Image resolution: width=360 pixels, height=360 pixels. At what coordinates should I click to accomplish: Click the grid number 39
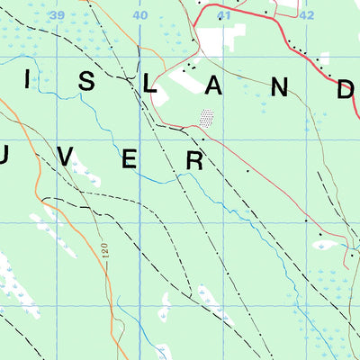pyautogui.click(x=58, y=16)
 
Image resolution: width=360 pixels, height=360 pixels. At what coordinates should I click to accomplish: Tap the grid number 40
pyautogui.click(x=140, y=16)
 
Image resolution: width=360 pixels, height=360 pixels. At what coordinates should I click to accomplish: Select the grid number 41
pyautogui.click(x=224, y=16)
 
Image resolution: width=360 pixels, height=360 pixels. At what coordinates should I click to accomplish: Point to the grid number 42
pyautogui.click(x=307, y=16)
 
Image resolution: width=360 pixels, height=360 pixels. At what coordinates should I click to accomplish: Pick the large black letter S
pyautogui.click(x=87, y=82)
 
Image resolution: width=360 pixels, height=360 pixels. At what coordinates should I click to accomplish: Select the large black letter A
pyautogui.click(x=216, y=86)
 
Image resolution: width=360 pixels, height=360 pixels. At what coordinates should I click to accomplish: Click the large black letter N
pyautogui.click(x=281, y=87)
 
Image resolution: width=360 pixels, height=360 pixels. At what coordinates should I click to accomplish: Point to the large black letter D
pyautogui.click(x=346, y=89)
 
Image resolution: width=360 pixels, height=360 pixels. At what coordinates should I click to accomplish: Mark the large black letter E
pyautogui.click(x=130, y=160)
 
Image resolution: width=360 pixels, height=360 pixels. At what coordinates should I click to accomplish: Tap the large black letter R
pyautogui.click(x=194, y=161)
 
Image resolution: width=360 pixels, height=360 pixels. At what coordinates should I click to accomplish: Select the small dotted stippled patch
pyautogui.click(x=207, y=118)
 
